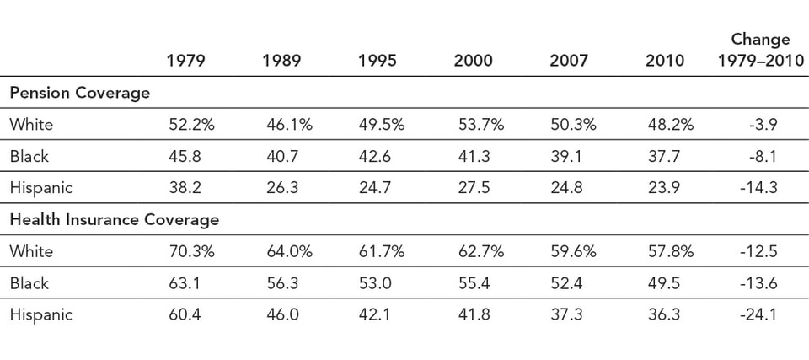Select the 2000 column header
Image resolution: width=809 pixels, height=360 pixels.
point(473,61)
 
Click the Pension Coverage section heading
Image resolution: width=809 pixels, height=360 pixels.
point(79,93)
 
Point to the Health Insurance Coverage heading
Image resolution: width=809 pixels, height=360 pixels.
point(115,220)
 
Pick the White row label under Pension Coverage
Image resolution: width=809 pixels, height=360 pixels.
point(31,125)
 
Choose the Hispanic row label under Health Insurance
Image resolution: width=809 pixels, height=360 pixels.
point(41,315)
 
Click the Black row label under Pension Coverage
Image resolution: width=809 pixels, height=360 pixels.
point(29,156)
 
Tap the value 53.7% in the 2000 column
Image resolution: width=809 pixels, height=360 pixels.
point(480,125)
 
